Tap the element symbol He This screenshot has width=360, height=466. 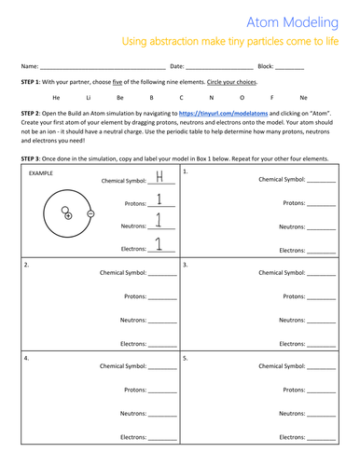(x=58, y=97)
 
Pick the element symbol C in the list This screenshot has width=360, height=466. (x=181, y=97)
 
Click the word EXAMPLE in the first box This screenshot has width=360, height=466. (x=40, y=174)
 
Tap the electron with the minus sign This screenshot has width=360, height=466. (x=90, y=212)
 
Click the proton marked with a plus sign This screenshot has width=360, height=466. (x=68, y=215)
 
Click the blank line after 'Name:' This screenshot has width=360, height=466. (x=103, y=68)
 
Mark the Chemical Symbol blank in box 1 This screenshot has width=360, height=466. (x=320, y=179)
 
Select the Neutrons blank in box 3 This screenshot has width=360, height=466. (x=320, y=320)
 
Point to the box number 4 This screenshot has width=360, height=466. (x=27, y=357)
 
